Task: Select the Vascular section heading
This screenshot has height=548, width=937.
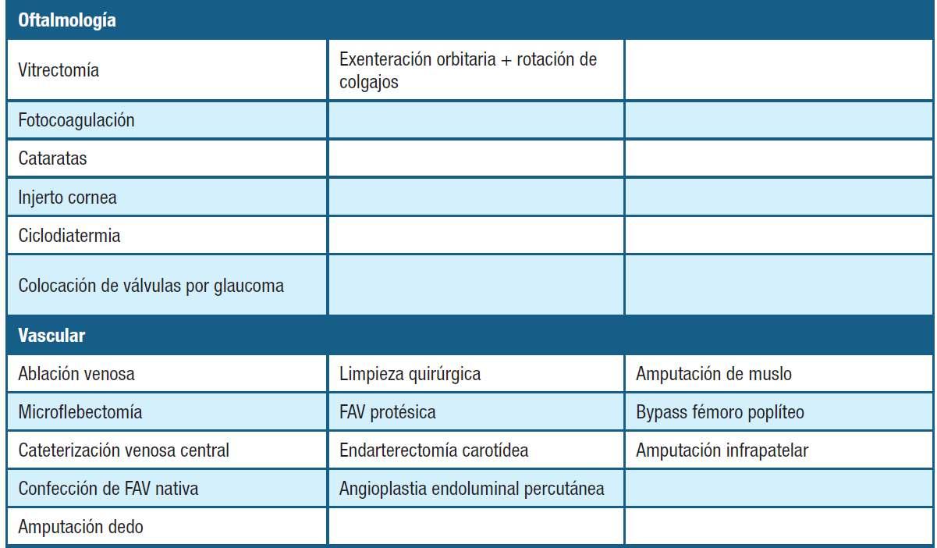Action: (51, 336)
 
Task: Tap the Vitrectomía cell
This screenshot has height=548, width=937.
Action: (59, 70)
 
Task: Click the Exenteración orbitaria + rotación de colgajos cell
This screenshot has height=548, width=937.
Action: (468, 70)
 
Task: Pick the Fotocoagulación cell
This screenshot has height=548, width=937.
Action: (76, 120)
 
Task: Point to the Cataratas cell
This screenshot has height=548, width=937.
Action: (52, 158)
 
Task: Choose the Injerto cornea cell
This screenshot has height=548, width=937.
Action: (68, 197)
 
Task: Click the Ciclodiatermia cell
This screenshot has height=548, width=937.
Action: (69, 235)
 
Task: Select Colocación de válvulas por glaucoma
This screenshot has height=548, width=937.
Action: (151, 286)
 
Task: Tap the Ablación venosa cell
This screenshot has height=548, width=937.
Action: (76, 374)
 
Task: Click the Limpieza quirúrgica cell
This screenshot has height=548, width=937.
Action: (410, 374)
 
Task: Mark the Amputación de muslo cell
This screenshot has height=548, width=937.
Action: (714, 374)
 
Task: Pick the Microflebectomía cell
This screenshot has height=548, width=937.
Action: (80, 412)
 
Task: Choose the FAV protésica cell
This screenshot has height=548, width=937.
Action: (388, 412)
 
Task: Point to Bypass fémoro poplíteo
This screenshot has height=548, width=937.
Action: (720, 412)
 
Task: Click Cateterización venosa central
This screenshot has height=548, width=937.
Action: (124, 450)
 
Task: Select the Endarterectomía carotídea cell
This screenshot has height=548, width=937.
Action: (435, 450)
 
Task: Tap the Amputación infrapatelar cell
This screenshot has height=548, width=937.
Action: (722, 450)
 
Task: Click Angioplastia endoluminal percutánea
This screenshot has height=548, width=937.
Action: (472, 489)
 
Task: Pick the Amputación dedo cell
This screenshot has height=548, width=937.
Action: (81, 527)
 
